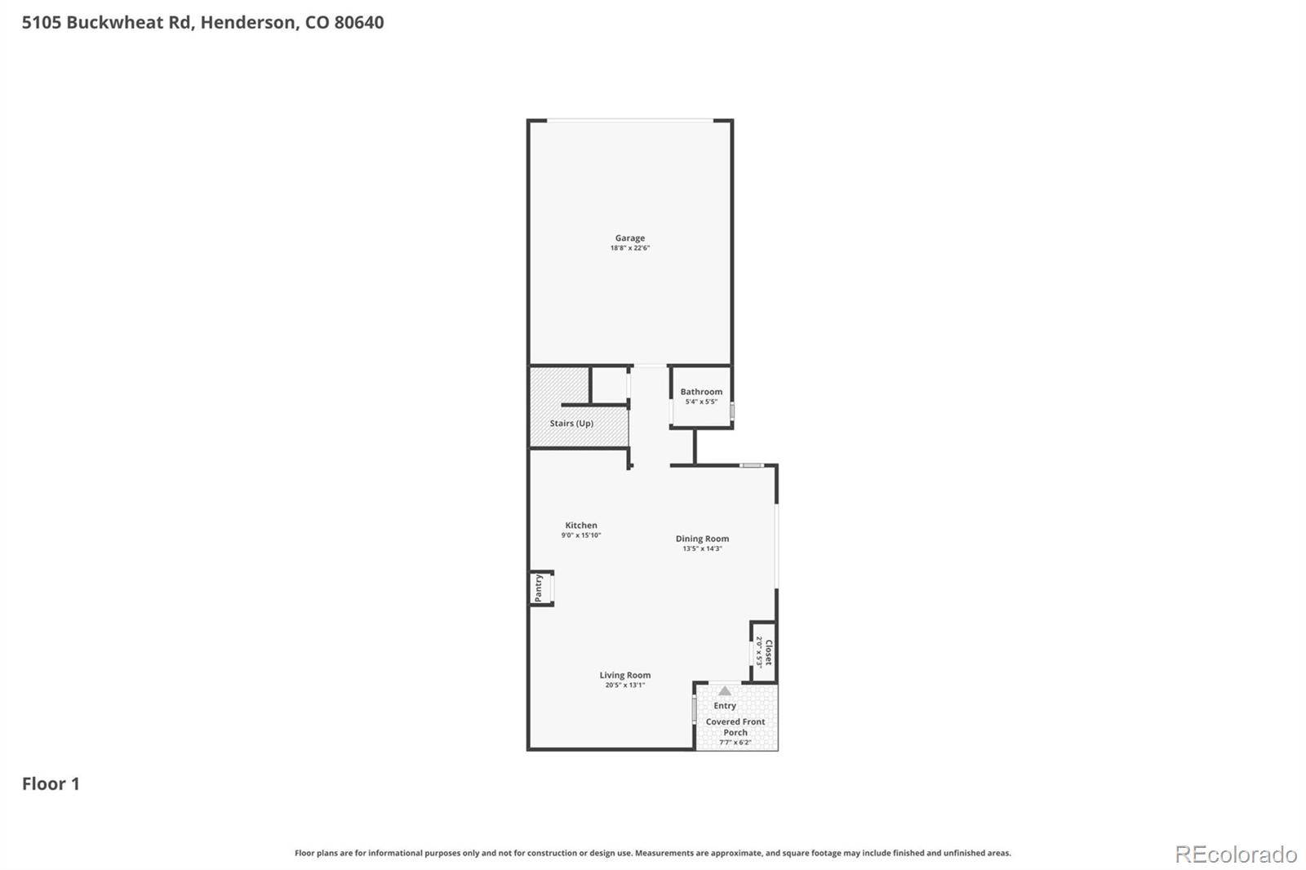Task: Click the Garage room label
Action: (629, 238)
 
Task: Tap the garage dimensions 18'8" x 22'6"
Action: (629, 248)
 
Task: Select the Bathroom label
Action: (701, 392)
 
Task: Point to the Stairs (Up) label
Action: (571, 424)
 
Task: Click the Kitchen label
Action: (581, 526)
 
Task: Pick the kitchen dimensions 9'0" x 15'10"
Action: (581, 535)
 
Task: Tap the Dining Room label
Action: (702, 539)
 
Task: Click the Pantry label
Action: (539, 588)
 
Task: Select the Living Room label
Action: (625, 675)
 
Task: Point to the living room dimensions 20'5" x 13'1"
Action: (625, 685)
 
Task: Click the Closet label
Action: (768, 652)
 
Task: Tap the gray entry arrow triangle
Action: (725, 691)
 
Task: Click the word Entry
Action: (725, 706)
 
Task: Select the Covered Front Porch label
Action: (735, 727)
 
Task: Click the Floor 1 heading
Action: (51, 784)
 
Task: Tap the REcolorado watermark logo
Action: (1236, 854)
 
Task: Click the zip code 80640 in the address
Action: (359, 22)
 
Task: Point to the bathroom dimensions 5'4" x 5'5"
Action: (701, 402)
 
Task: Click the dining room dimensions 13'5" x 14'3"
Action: (702, 548)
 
